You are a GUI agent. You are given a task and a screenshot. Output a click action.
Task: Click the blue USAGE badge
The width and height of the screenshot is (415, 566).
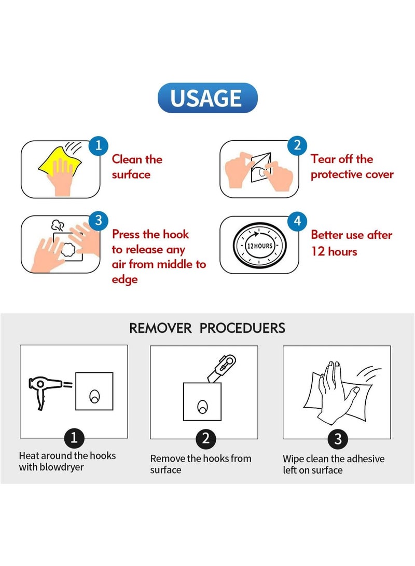208,98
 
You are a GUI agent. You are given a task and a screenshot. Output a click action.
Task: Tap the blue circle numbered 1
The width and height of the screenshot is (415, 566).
99,145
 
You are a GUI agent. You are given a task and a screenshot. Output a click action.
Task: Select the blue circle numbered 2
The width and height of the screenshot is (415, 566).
297,145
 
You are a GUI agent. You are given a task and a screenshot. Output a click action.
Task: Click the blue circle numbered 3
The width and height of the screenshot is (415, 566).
99,221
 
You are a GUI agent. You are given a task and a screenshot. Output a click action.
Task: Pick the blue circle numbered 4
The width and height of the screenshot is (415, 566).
297,221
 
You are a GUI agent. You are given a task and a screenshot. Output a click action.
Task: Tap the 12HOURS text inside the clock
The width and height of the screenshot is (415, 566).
259,246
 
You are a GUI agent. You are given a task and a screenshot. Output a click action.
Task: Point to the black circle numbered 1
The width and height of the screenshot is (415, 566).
74,438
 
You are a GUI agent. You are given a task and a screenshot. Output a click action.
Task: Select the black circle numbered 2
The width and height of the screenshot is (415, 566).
205,439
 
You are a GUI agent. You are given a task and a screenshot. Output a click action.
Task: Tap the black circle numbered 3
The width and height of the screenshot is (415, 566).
338,439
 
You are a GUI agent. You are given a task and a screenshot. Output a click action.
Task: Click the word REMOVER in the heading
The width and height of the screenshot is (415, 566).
160,328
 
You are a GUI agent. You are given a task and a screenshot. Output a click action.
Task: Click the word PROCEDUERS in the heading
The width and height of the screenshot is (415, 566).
242,328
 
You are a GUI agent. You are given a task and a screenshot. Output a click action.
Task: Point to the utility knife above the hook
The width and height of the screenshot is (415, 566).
222,368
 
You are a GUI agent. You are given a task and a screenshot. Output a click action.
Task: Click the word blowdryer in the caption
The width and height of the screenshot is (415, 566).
62,467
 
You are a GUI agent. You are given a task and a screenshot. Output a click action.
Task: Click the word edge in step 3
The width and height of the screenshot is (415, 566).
125,280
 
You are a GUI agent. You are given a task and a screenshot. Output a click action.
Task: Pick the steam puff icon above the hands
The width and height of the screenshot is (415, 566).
58,225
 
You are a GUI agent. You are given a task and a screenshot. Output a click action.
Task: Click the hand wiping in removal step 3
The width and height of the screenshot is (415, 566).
334,392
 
